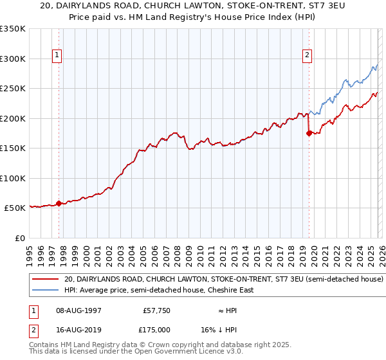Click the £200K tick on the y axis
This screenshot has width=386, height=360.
click(13, 118)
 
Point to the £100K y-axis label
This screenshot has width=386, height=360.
click(13, 178)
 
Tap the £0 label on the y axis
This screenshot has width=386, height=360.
click(19, 238)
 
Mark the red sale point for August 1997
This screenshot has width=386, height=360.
click(59, 203)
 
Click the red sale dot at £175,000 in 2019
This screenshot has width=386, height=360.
click(309, 133)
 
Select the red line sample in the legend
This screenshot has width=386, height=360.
click(46, 280)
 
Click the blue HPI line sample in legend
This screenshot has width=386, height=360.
click(46, 290)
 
